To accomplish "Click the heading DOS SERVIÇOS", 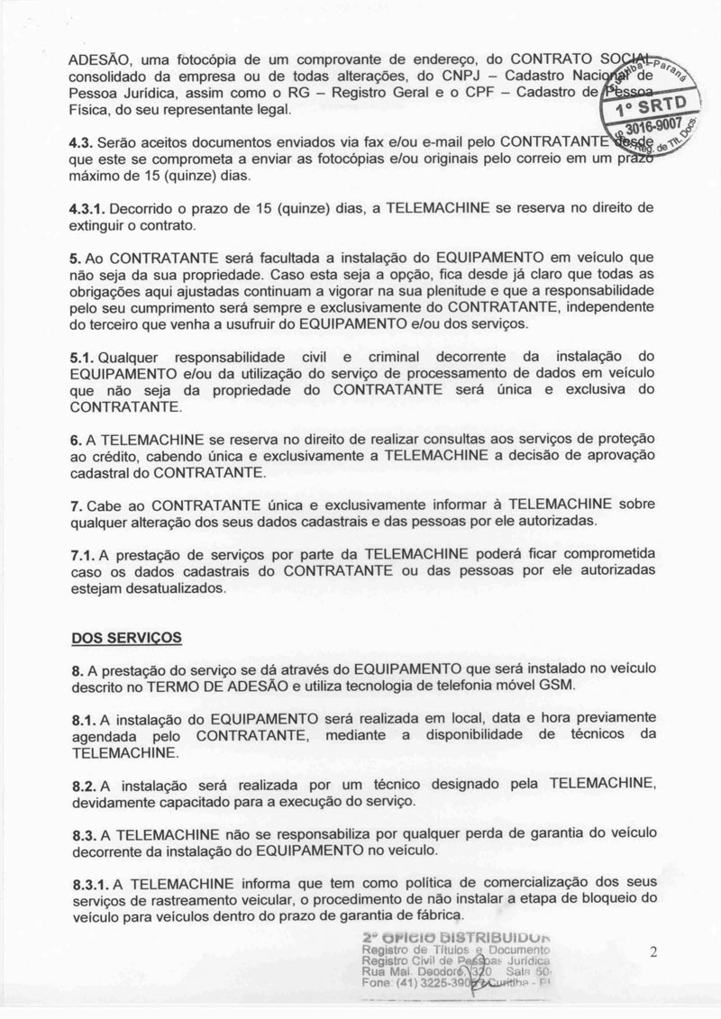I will click(126, 637).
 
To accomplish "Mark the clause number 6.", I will click(76, 438).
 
